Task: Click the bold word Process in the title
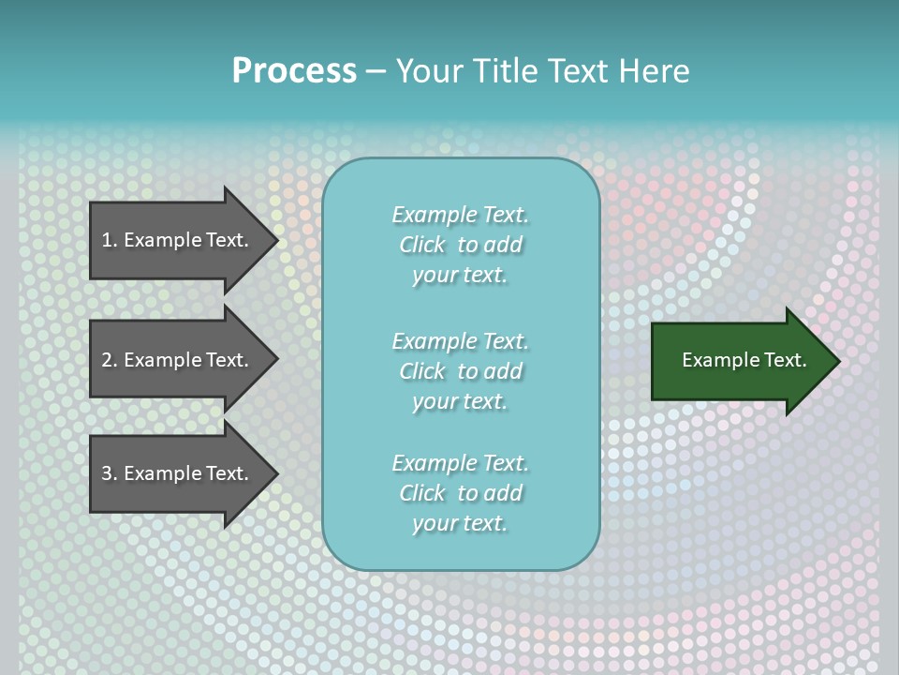pos(294,71)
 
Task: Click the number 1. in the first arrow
pos(109,240)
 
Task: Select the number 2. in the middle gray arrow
pos(109,360)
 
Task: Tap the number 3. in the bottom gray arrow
pos(109,473)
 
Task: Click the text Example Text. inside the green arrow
pos(744,360)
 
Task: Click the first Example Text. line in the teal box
pos(460,215)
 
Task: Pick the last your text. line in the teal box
pos(460,523)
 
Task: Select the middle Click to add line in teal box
pos(460,371)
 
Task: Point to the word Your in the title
pos(427,71)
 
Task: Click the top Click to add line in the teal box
pos(460,245)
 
